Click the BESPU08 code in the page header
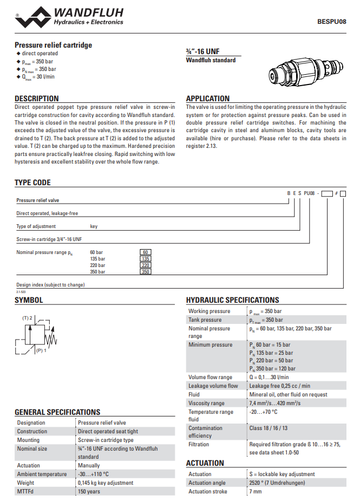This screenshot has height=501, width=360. tap(331, 22)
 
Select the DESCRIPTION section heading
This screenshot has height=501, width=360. tap(37, 99)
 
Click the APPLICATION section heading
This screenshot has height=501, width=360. tap(208, 99)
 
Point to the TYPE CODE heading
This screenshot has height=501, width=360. tap(32, 183)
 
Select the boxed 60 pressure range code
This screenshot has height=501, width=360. tap(145, 252)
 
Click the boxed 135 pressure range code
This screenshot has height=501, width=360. tap(145, 259)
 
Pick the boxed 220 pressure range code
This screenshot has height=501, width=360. tap(145, 265)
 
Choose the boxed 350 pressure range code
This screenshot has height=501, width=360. tap(145, 272)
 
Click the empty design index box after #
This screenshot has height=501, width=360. tap(343, 193)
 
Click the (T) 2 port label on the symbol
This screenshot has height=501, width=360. tap(28, 318)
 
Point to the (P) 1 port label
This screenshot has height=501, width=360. tap(42, 351)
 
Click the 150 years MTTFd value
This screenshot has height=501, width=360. tap(89, 491)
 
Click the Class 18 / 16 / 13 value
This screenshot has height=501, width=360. tap(269, 428)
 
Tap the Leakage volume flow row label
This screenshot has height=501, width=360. tap(213, 386)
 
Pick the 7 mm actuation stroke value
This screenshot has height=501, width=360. tap(255, 491)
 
